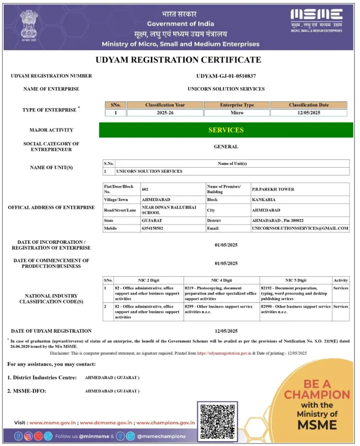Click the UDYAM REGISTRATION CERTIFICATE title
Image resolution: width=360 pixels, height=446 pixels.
pyautogui.click(x=178, y=60)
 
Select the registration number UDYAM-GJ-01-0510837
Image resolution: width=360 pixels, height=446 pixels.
pyautogui.click(x=226, y=76)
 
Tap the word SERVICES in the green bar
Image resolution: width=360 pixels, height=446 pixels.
pyautogui.click(x=226, y=130)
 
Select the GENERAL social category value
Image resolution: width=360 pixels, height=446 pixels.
pyautogui.click(x=226, y=147)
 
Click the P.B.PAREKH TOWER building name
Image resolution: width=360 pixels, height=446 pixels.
pyautogui.click(x=273, y=189)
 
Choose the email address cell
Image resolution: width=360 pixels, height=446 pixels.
pyautogui.click(x=299, y=228)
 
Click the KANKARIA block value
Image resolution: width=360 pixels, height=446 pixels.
pyautogui.click(x=263, y=199)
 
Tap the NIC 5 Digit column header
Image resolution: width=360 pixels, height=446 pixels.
pyautogui.click(x=295, y=280)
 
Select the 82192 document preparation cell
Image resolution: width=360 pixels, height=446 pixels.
pyautogui.click(x=295, y=294)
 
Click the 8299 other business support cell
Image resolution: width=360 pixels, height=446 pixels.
pyautogui.click(x=221, y=309)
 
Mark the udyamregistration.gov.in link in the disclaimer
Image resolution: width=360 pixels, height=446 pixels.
pyautogui.click(x=224, y=353)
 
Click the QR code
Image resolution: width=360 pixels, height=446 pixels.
pyautogui.click(x=217, y=420)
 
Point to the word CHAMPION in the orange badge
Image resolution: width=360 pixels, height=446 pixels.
pyautogui.click(x=317, y=394)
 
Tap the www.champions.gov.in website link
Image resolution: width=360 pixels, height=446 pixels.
pyautogui.click(x=166, y=422)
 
